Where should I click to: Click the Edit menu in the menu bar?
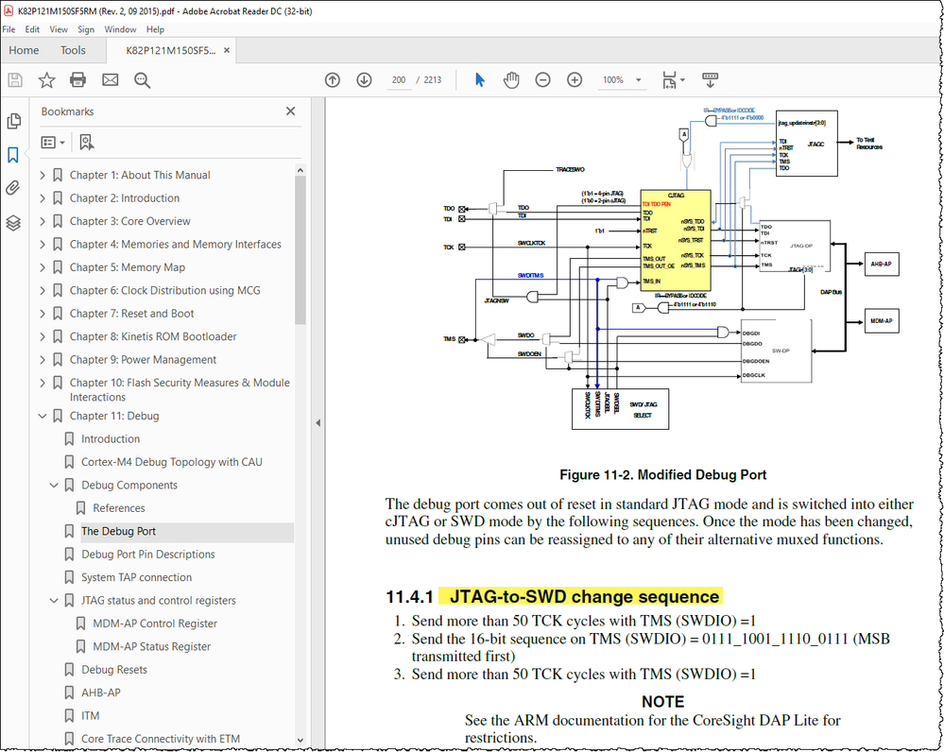click(x=32, y=30)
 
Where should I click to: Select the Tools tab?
click(x=73, y=51)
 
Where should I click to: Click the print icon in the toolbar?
click(x=78, y=80)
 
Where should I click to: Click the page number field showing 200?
click(x=400, y=80)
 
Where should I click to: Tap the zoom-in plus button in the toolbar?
click(x=575, y=80)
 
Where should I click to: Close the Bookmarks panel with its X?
click(x=290, y=111)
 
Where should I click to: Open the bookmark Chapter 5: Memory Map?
click(x=127, y=267)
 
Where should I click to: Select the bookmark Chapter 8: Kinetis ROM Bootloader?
click(x=152, y=336)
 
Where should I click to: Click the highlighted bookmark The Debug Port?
click(x=118, y=531)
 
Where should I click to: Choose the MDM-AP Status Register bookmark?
click(x=151, y=646)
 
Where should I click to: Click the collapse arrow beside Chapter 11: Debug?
click(x=43, y=416)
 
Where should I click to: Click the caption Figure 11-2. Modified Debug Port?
click(x=662, y=475)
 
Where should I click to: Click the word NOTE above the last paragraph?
click(x=662, y=702)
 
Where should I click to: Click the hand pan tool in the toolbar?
click(x=511, y=80)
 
